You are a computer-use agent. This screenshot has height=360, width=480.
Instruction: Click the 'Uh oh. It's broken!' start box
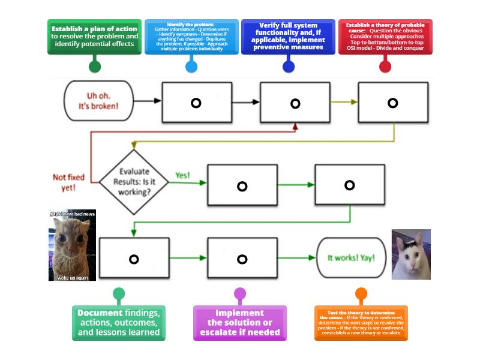point(98,101)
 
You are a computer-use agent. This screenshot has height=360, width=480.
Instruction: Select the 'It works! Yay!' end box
point(351,258)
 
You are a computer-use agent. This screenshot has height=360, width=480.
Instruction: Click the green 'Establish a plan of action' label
point(94,37)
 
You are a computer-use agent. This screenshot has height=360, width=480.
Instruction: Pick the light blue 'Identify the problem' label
point(191,37)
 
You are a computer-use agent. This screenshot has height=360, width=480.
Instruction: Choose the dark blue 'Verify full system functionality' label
point(288,37)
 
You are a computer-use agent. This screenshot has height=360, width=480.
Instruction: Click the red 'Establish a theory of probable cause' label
point(385,37)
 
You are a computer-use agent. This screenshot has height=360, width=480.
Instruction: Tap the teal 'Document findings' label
point(119,323)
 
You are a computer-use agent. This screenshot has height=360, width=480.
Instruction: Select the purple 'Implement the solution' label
point(239,323)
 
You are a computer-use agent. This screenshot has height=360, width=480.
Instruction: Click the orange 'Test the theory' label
point(361,323)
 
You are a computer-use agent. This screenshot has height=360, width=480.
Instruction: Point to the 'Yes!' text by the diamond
point(182,175)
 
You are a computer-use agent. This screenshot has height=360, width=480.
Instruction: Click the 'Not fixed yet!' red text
point(68,182)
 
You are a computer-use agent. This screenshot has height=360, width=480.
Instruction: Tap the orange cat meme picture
point(72,245)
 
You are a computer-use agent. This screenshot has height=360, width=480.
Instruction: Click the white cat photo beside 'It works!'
point(411,254)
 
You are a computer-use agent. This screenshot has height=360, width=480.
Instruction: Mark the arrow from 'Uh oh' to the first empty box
point(148,101)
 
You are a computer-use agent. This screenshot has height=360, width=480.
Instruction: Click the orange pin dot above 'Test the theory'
point(361,294)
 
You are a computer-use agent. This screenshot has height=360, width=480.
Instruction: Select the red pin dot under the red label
point(385,66)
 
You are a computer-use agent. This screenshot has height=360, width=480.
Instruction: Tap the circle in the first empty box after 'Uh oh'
point(196,103)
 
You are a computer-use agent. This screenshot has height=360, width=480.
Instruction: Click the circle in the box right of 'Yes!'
point(242,187)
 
